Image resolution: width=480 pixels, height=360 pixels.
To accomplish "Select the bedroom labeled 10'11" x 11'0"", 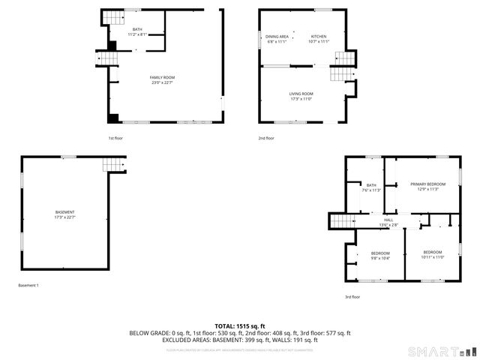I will click(433, 254).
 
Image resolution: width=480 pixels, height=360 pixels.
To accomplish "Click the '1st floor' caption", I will click(115, 138).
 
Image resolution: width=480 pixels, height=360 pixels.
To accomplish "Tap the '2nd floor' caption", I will click(266, 138).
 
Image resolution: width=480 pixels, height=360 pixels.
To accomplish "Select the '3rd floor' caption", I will click(352, 297).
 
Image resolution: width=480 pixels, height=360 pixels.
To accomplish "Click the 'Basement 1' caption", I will click(28, 285).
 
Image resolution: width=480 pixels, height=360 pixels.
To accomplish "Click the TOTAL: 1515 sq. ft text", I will click(240, 325).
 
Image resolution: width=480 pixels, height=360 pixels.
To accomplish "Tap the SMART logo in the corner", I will click(441, 351).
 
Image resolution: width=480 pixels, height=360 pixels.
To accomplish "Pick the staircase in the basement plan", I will click(112, 166).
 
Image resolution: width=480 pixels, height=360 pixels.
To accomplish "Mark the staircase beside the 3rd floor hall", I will click(342, 220).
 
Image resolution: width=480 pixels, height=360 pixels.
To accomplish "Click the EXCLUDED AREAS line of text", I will click(240, 340).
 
